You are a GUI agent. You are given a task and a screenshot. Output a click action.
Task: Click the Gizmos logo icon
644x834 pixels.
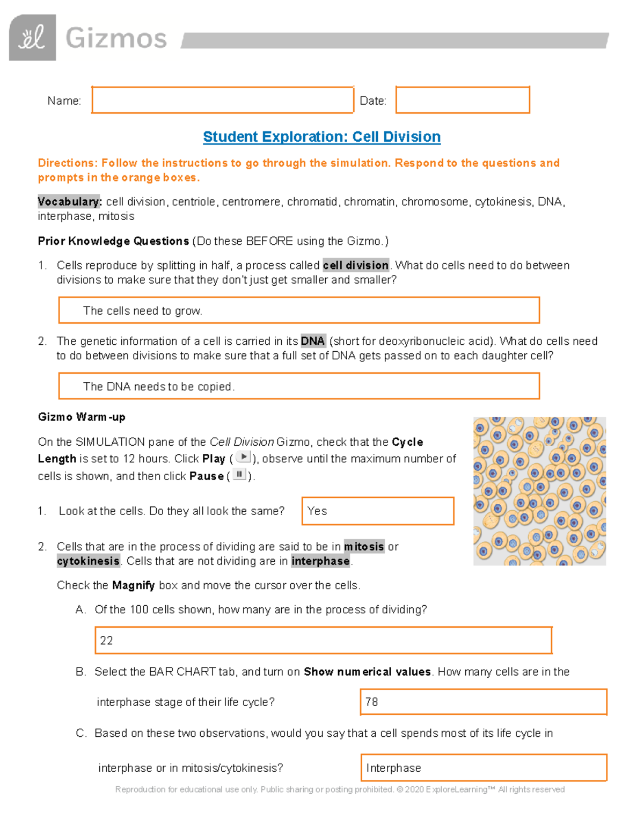coord(32,38)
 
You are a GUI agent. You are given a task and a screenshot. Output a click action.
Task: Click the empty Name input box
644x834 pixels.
coord(222,100)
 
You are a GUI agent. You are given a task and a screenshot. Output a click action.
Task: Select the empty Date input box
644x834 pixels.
coord(463,100)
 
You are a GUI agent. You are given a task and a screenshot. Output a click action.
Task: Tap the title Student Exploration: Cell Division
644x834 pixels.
coord(321,137)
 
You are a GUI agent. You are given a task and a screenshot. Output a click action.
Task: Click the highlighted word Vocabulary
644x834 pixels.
coord(69,201)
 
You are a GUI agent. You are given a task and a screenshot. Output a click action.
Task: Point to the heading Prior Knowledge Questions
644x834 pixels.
coord(113,241)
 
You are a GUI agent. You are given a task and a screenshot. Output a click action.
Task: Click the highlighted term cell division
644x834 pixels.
coord(356,265)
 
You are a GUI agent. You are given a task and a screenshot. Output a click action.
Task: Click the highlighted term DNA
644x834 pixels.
coord(312,341)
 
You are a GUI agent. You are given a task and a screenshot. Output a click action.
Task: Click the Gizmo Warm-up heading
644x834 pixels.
coord(82,417)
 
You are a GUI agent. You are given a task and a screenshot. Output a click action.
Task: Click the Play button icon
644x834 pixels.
coord(243,458)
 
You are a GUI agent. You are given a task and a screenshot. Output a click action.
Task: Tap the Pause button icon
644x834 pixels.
coord(239,475)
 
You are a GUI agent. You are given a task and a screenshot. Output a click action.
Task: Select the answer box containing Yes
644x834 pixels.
coord(378,511)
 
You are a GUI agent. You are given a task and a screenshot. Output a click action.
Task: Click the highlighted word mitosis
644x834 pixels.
coord(364,547)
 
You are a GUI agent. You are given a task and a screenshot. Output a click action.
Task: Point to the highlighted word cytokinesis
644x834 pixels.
coord(89,561)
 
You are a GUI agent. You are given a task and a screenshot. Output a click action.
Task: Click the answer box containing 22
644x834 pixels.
coord(323,640)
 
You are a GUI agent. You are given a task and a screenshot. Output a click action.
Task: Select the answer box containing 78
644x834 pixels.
coord(483,702)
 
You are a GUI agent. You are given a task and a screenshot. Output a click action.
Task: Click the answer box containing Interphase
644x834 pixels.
coord(484,768)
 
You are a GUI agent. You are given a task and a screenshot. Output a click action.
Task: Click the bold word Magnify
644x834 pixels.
coord(133,585)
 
